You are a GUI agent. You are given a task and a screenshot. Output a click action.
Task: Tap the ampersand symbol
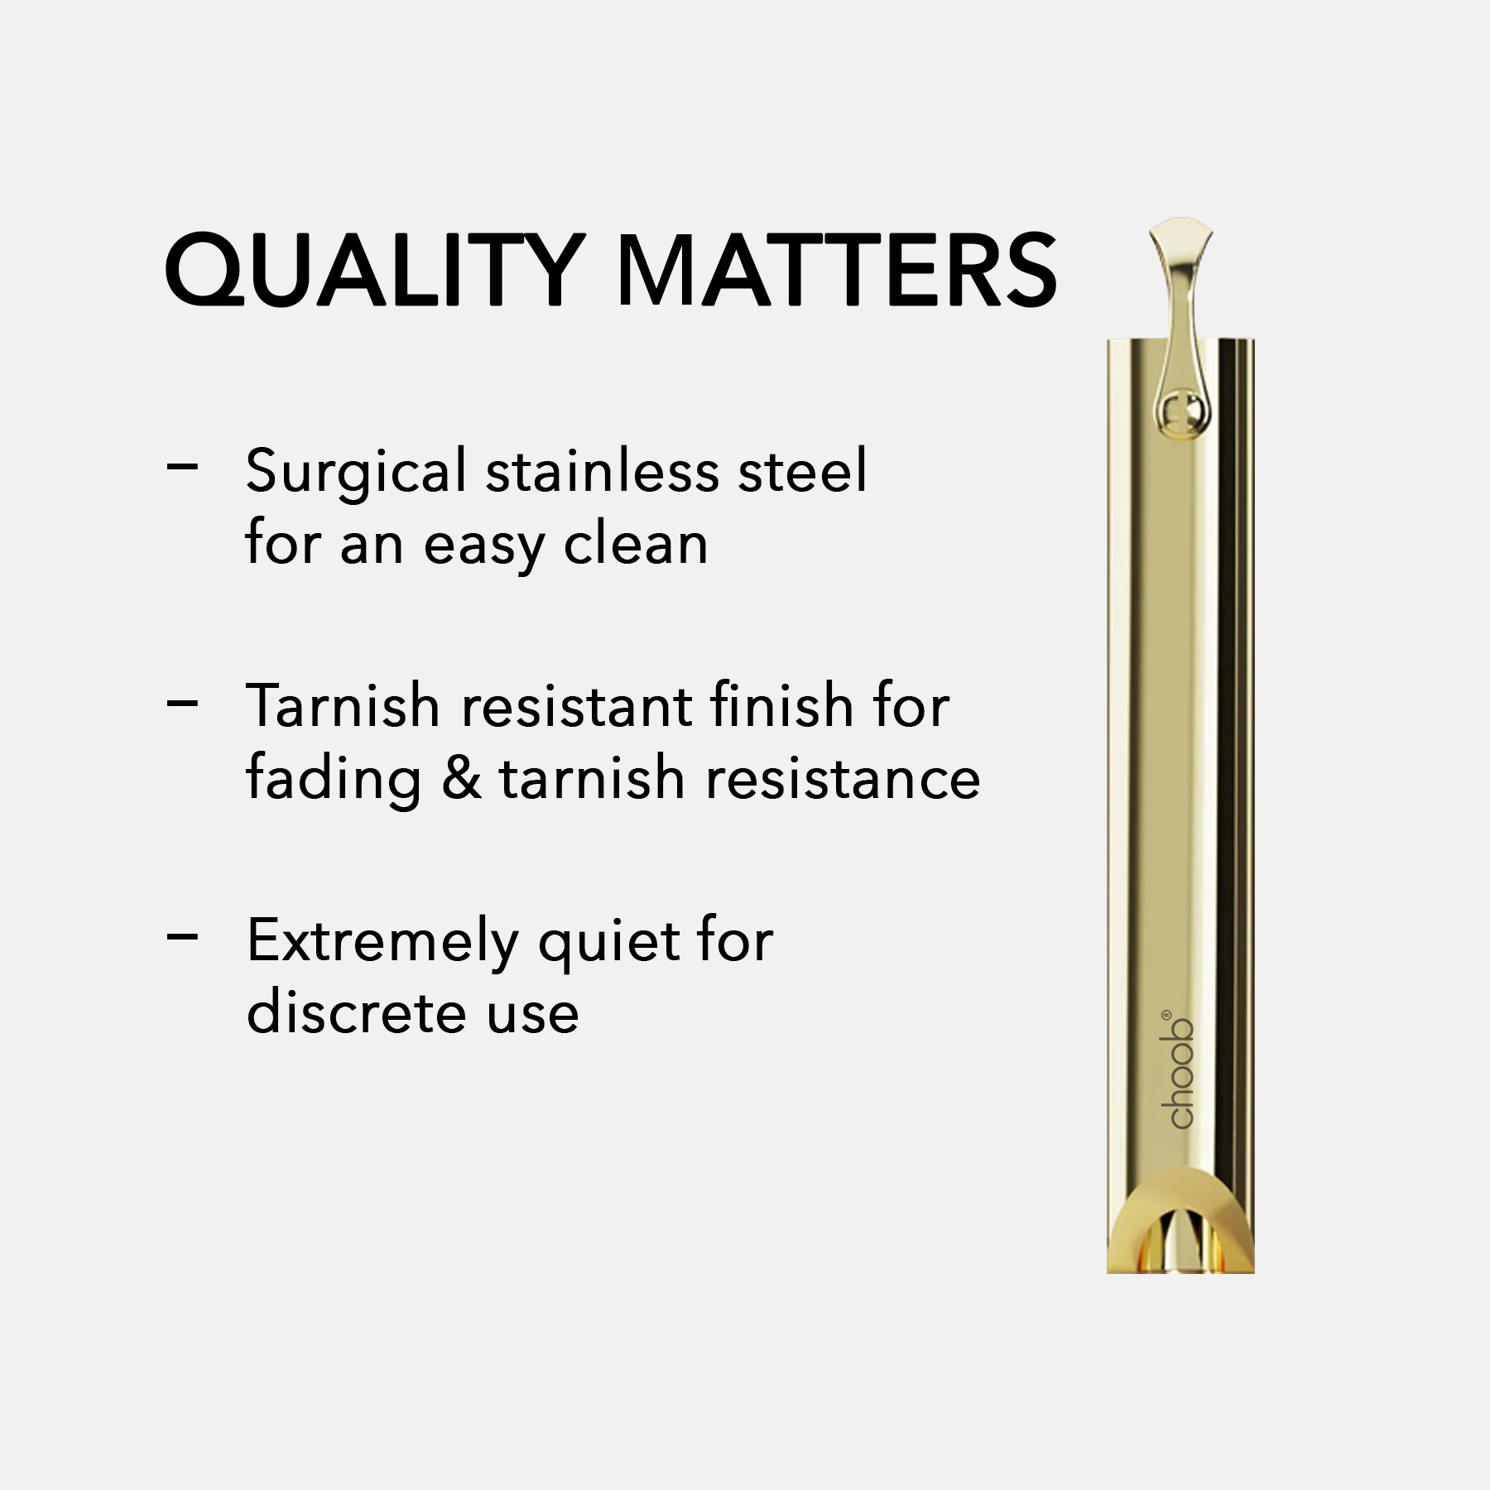point(461,777)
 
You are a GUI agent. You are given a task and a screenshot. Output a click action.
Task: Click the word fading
point(334,780)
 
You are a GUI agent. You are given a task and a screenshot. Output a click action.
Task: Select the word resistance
point(843,777)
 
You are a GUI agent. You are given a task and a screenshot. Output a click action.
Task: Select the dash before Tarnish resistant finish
point(182,704)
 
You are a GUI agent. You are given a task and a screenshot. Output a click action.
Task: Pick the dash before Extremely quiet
point(182,937)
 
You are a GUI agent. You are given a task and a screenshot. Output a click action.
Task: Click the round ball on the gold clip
point(1180,411)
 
